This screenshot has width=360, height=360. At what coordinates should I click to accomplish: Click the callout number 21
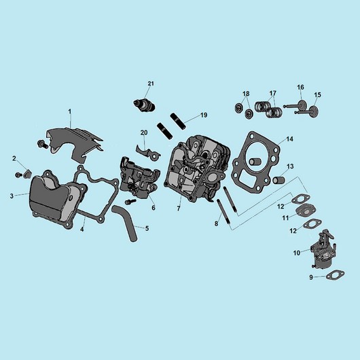[151, 84]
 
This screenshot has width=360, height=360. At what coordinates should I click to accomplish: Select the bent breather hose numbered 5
[125, 223]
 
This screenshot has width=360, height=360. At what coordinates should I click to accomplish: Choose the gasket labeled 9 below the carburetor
[336, 275]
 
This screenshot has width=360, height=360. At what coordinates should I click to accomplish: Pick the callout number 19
[204, 115]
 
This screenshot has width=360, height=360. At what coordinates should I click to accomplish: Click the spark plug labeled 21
[145, 105]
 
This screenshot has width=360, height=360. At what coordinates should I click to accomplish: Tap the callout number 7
[179, 209]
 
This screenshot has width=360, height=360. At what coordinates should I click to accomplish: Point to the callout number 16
[300, 87]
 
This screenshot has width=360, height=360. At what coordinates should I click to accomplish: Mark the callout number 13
[290, 166]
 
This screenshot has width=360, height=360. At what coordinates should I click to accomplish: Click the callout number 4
[82, 229]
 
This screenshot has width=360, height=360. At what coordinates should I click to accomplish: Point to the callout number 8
[216, 223]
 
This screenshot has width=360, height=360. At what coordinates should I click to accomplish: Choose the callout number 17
[273, 93]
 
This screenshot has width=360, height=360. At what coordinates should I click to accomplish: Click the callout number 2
[14, 158]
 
